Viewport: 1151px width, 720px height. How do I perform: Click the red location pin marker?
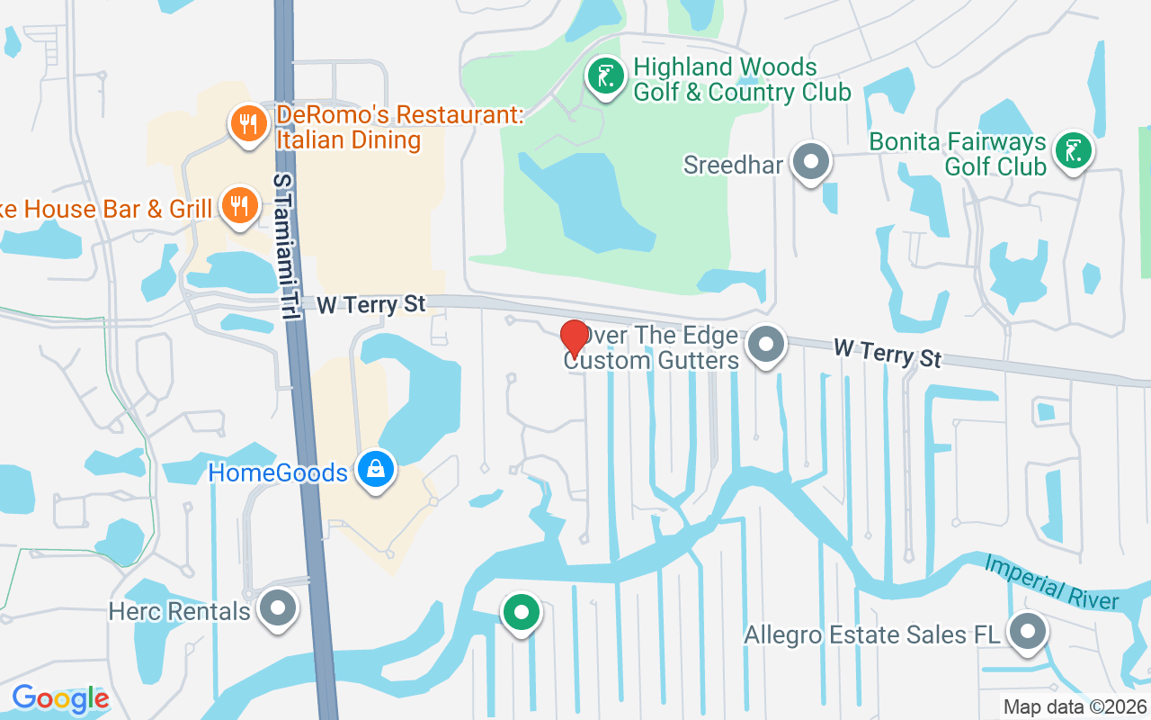[x=574, y=337]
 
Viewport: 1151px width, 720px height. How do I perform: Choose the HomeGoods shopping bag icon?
[x=376, y=468]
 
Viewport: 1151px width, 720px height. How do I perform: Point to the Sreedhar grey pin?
[x=813, y=163]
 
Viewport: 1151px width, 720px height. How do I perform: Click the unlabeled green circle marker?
[x=521, y=613]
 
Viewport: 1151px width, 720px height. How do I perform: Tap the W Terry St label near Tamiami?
[x=370, y=305]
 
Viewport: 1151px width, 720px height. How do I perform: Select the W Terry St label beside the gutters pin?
[x=887, y=352]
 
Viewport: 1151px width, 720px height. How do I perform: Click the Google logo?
[x=60, y=697]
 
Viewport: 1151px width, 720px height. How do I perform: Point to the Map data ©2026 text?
[x=1074, y=707]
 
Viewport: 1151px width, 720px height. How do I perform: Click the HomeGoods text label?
[x=278, y=472]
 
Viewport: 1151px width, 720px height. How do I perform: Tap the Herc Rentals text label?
[x=179, y=612]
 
